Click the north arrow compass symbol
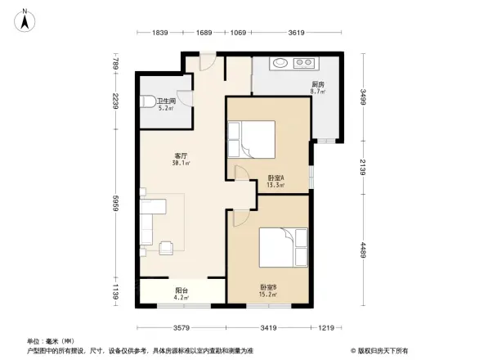[25, 19]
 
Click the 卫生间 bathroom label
[167, 101]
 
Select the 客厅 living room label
[181, 155]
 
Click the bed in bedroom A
[254, 139]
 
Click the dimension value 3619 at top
[296, 33]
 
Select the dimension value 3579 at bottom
[181, 328]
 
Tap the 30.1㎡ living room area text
[181, 163]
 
